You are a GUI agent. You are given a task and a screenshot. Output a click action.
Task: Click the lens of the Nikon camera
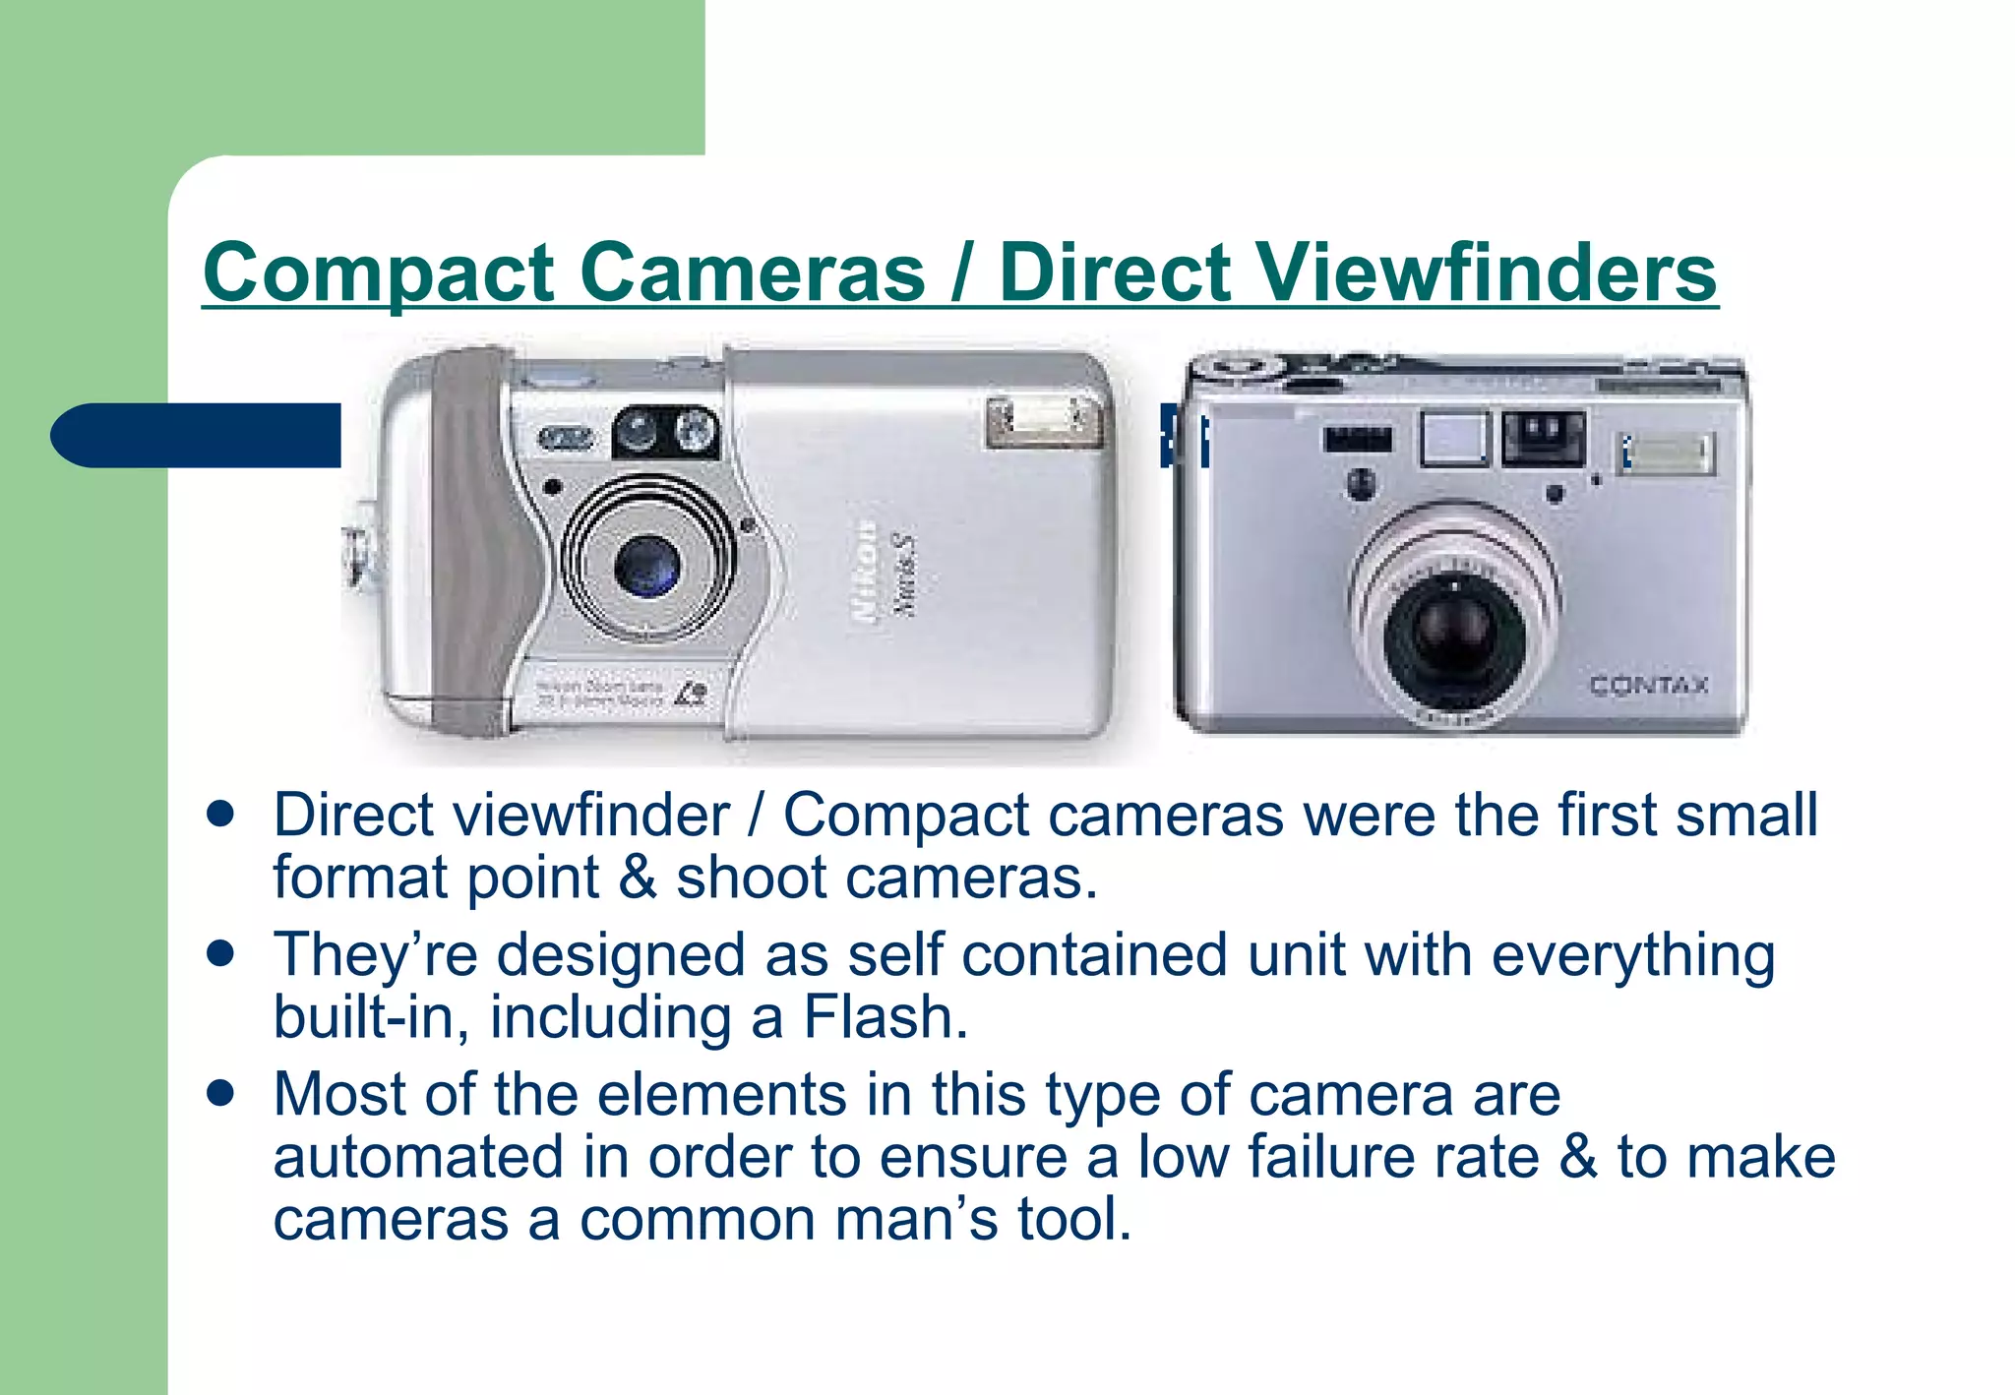pos(646,567)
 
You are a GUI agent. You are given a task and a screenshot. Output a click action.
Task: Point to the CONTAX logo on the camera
pos(1649,685)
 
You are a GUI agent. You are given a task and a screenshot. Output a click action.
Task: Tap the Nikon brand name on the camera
pos(865,572)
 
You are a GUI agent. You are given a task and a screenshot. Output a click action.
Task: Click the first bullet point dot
pos(221,815)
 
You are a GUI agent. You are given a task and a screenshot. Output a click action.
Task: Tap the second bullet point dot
pos(221,953)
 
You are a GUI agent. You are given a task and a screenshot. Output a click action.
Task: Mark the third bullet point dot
pos(221,1093)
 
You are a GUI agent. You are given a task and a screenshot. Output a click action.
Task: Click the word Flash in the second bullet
pos(885,1017)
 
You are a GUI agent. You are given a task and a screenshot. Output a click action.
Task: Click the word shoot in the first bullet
pos(752,878)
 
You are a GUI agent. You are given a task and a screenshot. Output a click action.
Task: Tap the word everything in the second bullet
pos(1633,955)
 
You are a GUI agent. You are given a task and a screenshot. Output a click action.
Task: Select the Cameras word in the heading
pos(752,273)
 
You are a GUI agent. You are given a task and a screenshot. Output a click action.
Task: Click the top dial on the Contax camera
pos(1242,367)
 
